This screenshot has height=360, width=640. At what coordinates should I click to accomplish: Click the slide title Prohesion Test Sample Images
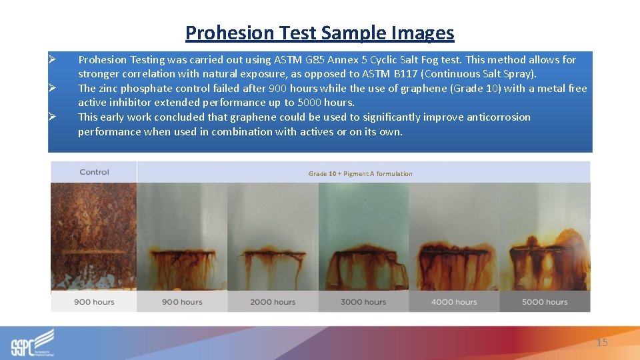pyautogui.click(x=319, y=33)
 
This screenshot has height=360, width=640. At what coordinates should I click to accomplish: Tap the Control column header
pyautogui.click(x=94, y=172)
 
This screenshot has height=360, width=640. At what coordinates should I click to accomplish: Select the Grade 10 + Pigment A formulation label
pyautogui.click(x=360, y=174)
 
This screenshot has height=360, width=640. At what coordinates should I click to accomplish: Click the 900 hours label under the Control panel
pyautogui.click(x=94, y=302)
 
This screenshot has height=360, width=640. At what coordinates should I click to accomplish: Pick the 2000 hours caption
pyautogui.click(x=273, y=302)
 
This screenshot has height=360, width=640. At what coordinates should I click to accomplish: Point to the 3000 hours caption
pyautogui.click(x=363, y=302)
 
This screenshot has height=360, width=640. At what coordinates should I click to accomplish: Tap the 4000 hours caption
pyautogui.click(x=454, y=302)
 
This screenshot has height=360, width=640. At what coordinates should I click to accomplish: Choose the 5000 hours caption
pyautogui.click(x=545, y=302)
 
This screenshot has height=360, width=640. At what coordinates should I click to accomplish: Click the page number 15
pyautogui.click(x=601, y=343)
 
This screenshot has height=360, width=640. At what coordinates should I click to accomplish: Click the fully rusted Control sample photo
pyautogui.click(x=94, y=237)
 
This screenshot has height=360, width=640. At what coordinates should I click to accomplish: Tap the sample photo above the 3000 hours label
pyautogui.click(x=363, y=237)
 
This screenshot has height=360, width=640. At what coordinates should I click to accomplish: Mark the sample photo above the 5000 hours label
pyautogui.click(x=545, y=237)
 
